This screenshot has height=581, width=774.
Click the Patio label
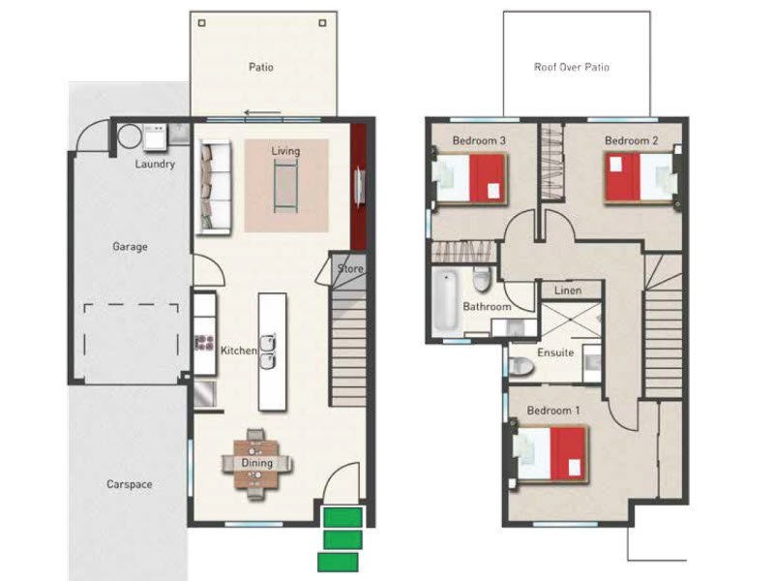[x=260, y=67]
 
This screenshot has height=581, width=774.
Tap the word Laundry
[x=155, y=164]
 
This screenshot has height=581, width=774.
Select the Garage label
[x=130, y=246]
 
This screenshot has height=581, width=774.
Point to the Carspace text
[x=130, y=484]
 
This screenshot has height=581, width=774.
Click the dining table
[x=256, y=464]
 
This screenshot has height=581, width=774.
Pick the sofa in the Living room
[x=215, y=187]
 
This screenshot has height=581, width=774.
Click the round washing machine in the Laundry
[x=130, y=137]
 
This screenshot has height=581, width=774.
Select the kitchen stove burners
[x=204, y=343]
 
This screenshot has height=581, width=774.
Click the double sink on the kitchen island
[x=268, y=352]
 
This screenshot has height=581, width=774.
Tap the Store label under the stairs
[x=350, y=269]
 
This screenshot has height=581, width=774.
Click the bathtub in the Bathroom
[x=446, y=300]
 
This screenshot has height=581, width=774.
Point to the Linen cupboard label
[x=568, y=290]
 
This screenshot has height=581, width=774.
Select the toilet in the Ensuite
[x=521, y=367]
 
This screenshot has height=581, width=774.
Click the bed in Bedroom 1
[x=551, y=454]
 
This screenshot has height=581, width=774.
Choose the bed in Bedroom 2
[x=640, y=178]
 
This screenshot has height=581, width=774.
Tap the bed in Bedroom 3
[x=470, y=178]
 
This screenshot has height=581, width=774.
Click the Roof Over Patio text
[x=572, y=67]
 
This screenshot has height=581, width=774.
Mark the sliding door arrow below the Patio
[x=262, y=112]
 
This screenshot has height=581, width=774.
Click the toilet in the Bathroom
[x=482, y=279]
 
